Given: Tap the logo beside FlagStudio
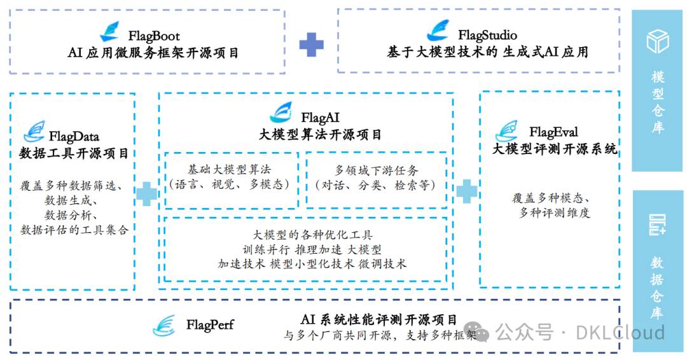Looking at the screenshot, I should click(438, 31).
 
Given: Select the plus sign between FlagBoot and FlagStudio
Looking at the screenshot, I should click(311, 44).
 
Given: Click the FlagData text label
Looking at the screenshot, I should click(74, 136).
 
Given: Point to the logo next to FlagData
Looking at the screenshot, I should click(34, 132).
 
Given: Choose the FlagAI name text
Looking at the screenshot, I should click(320, 118).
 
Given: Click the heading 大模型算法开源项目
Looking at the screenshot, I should click(321, 135).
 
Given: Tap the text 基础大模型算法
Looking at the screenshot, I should click(233, 170).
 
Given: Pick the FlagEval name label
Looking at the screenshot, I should click(553, 132).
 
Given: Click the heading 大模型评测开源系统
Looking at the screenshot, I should click(554, 149).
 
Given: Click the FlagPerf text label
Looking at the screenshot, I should click(210, 325).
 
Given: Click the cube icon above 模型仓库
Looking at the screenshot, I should click(658, 41).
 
